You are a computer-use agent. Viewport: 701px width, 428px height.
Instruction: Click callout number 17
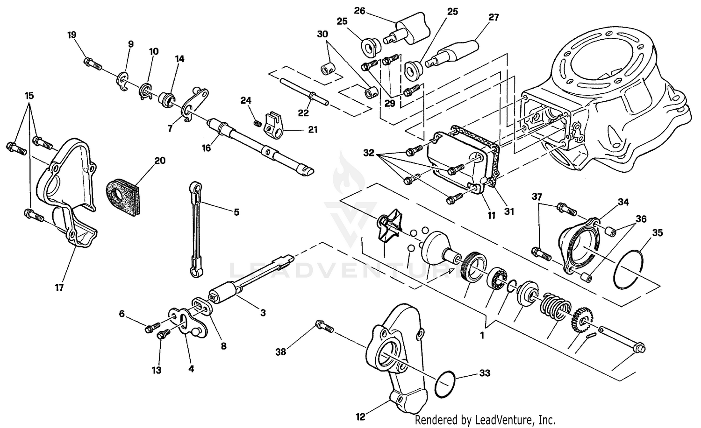click(x=59, y=288)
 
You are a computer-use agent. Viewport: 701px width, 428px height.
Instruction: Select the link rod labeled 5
click(x=197, y=229)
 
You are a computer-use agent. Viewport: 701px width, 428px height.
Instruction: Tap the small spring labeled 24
click(x=257, y=124)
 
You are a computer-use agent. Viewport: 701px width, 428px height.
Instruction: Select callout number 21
click(x=313, y=129)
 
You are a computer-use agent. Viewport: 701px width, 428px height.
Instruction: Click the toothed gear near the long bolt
click(x=581, y=320)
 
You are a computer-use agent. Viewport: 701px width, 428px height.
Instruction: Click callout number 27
click(x=494, y=18)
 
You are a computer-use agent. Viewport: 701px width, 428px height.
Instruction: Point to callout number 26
click(x=359, y=11)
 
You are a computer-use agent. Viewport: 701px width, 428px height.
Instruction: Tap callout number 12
click(x=360, y=417)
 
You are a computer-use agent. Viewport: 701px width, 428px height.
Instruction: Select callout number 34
click(x=623, y=202)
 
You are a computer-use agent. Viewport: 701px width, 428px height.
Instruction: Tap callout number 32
click(x=369, y=153)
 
